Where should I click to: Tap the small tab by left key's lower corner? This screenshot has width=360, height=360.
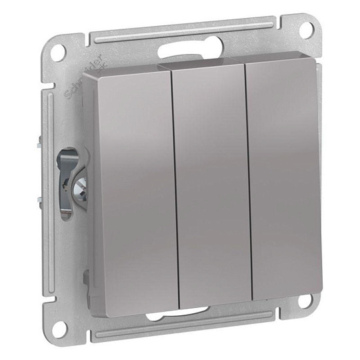87,277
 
